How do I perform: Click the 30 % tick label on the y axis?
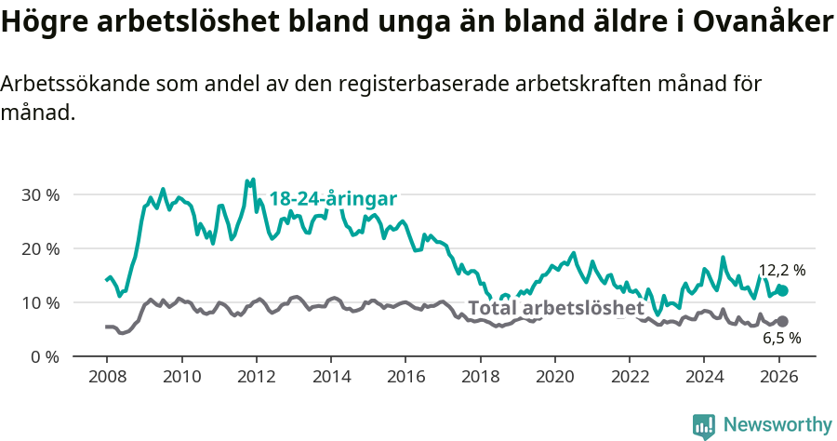coord(40,195)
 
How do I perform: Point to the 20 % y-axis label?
coord(40,249)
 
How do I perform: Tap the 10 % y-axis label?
coord(40,303)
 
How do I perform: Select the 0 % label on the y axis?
coord(45,357)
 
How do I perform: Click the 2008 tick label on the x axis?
coord(106,378)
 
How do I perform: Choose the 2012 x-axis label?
coord(256,378)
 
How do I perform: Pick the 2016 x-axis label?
coord(405,378)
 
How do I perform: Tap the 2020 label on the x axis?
coord(555,378)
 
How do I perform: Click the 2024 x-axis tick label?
coord(704,378)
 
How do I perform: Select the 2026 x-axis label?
coord(779,378)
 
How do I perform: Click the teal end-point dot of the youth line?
coord(782,290)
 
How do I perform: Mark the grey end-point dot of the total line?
coord(782,322)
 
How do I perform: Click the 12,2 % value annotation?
coord(781,270)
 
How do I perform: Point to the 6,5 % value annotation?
coord(781,339)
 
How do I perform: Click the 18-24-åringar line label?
coord(333,199)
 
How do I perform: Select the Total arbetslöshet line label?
coord(555,308)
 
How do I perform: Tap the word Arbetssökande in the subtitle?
coord(71,84)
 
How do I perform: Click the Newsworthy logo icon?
coord(704,425)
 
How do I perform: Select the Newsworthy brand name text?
coord(777,425)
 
